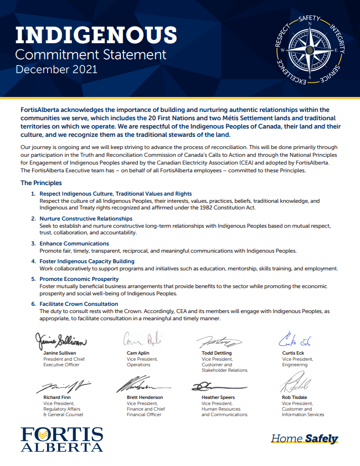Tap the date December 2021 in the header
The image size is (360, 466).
tap(56, 70)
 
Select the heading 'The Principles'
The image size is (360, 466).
tap(41, 183)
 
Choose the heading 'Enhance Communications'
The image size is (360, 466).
tap(74, 243)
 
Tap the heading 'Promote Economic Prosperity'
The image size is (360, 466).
tap(79, 279)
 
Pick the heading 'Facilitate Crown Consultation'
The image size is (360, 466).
tap(78, 304)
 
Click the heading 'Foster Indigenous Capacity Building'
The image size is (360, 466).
tap(86, 261)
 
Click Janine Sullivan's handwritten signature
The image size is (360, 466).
tap(61, 339)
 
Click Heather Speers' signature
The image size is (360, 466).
tap(218, 386)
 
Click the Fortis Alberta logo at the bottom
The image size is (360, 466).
tap(61, 438)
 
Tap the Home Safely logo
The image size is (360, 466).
tap(305, 439)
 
